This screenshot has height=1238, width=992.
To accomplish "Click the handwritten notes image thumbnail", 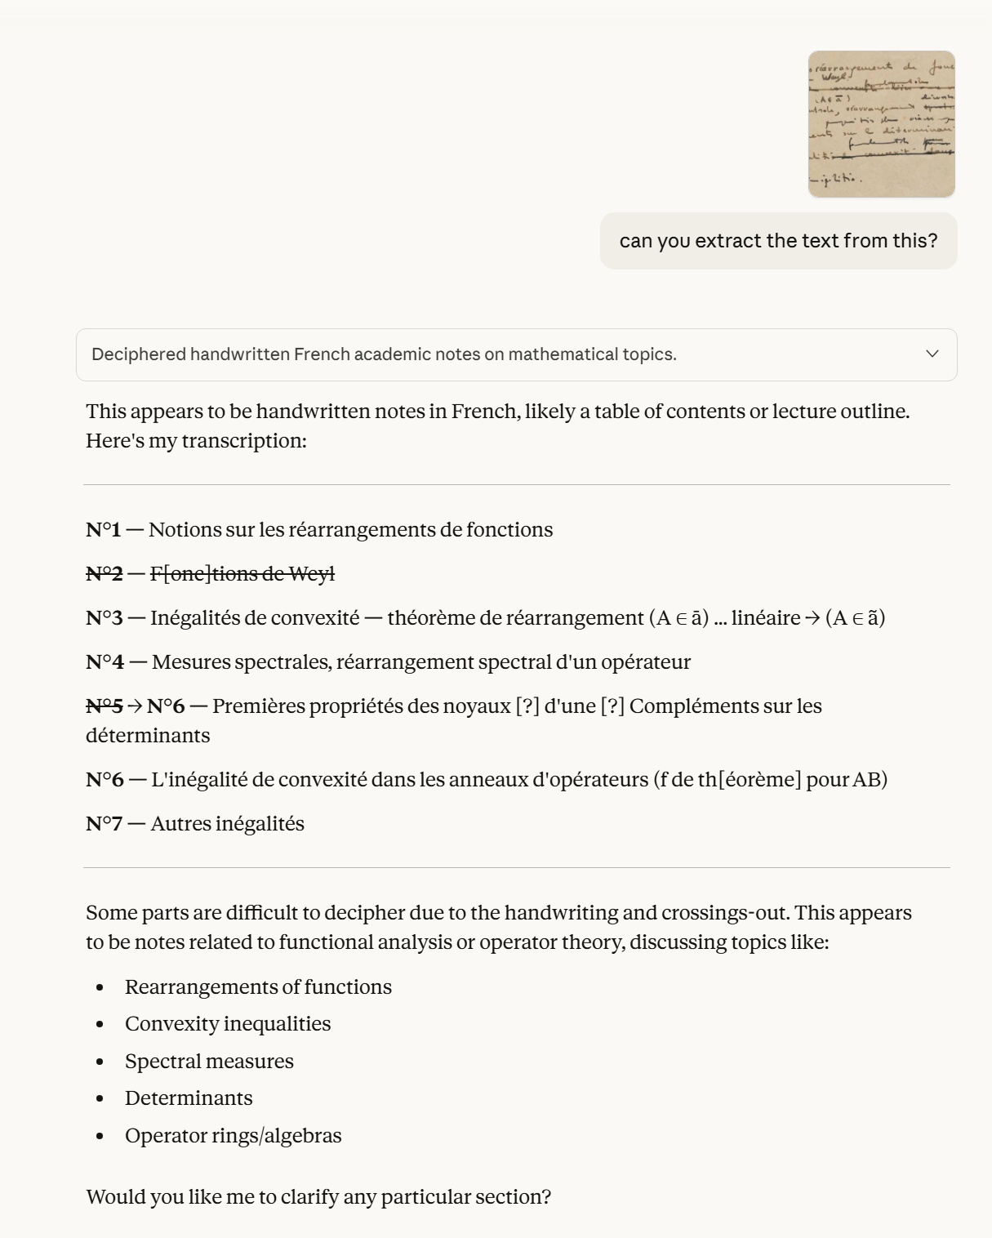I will [x=881, y=124].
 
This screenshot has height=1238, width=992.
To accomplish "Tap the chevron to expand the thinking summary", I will [x=932, y=354].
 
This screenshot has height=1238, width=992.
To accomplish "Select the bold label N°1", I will [x=104, y=530].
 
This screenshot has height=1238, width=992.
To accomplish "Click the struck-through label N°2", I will [x=105, y=574].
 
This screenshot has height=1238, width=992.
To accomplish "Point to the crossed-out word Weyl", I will [x=311, y=574].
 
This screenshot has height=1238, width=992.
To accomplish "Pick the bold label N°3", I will [x=105, y=618].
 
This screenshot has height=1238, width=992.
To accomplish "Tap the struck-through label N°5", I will [x=105, y=706].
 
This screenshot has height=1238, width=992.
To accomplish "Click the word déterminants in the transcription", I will [x=148, y=736].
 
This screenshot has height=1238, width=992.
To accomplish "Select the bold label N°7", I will [x=105, y=824].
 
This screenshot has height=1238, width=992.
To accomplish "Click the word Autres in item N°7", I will [x=180, y=824].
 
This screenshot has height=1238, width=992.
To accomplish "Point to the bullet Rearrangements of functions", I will [x=258, y=987].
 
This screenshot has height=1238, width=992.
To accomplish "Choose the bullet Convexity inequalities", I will [x=228, y=1024].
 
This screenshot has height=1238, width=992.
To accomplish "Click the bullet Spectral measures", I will [x=209, y=1062].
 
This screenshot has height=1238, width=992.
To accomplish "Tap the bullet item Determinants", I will [x=189, y=1098].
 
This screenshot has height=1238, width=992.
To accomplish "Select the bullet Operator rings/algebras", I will [x=233, y=1136].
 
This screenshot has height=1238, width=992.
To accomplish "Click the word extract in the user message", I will [x=728, y=241].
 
